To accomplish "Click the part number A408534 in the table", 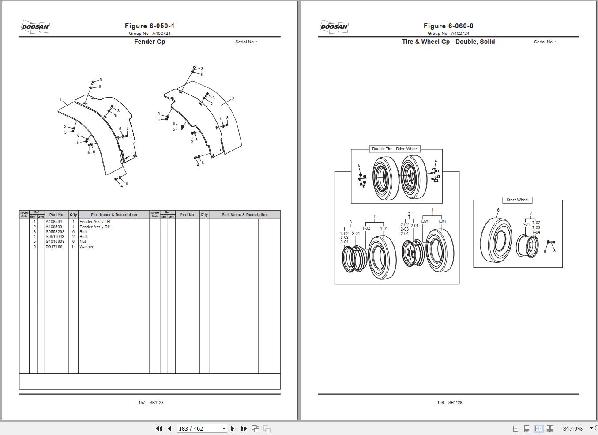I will [54, 222].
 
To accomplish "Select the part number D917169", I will [54, 247].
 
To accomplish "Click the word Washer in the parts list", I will [87, 247].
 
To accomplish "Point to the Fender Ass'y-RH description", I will [95, 227].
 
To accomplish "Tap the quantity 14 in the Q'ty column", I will [73, 247].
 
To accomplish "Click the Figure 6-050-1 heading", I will [149, 26].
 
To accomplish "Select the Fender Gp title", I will [150, 42].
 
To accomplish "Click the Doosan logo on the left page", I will [35, 26].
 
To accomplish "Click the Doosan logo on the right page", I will [334, 26].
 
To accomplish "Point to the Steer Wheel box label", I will [517, 200].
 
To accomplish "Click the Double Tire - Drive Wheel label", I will [395, 149].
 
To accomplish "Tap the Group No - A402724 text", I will [448, 34].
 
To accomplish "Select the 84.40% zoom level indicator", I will [572, 428].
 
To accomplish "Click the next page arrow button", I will [233, 428].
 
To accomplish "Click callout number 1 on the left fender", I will [60, 99].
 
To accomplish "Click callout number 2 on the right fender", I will [233, 99].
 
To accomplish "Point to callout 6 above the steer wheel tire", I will [498, 211].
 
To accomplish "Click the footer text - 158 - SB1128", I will [448, 403].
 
